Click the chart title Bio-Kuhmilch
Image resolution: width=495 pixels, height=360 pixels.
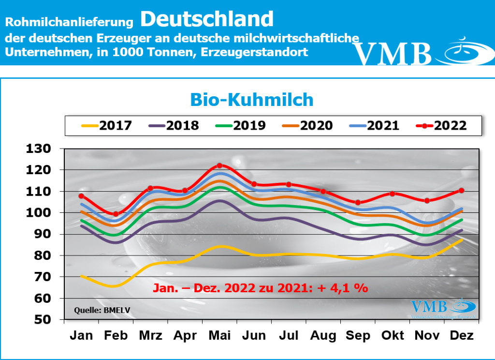click(252, 100)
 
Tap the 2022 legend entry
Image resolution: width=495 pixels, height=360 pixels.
click(441, 126)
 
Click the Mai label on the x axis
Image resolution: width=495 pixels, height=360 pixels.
click(219, 335)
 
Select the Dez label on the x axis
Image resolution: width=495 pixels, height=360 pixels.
click(461, 335)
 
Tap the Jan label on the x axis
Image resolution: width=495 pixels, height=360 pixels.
click(82, 335)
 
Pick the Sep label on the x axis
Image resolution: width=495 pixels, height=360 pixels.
click(358, 335)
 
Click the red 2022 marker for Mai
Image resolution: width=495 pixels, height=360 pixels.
click(219, 166)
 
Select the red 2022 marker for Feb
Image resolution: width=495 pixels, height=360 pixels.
click(116, 214)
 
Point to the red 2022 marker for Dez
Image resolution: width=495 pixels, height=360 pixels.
click(461, 191)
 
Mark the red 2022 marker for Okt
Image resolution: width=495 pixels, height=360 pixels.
click(393, 194)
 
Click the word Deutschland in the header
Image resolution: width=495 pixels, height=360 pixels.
click(207, 19)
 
